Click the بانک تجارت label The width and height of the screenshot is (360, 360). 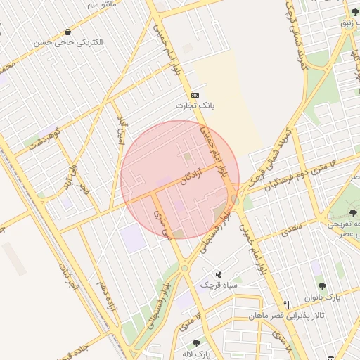pyautogui.click(x=195, y=105)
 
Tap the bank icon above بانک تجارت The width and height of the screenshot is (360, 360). pyautogui.click(x=195, y=95)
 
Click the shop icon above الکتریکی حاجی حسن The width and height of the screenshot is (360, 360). pyautogui.click(x=67, y=32)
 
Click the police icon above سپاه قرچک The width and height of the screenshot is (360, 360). pyautogui.click(x=219, y=274)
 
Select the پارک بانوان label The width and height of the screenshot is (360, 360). pyautogui.click(x=323, y=297)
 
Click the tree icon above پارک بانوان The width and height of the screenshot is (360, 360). pyautogui.click(x=322, y=286)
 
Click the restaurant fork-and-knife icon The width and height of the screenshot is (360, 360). pyautogui.click(x=286, y=304)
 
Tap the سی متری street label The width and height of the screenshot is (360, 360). pyautogui.click(x=162, y=224)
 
